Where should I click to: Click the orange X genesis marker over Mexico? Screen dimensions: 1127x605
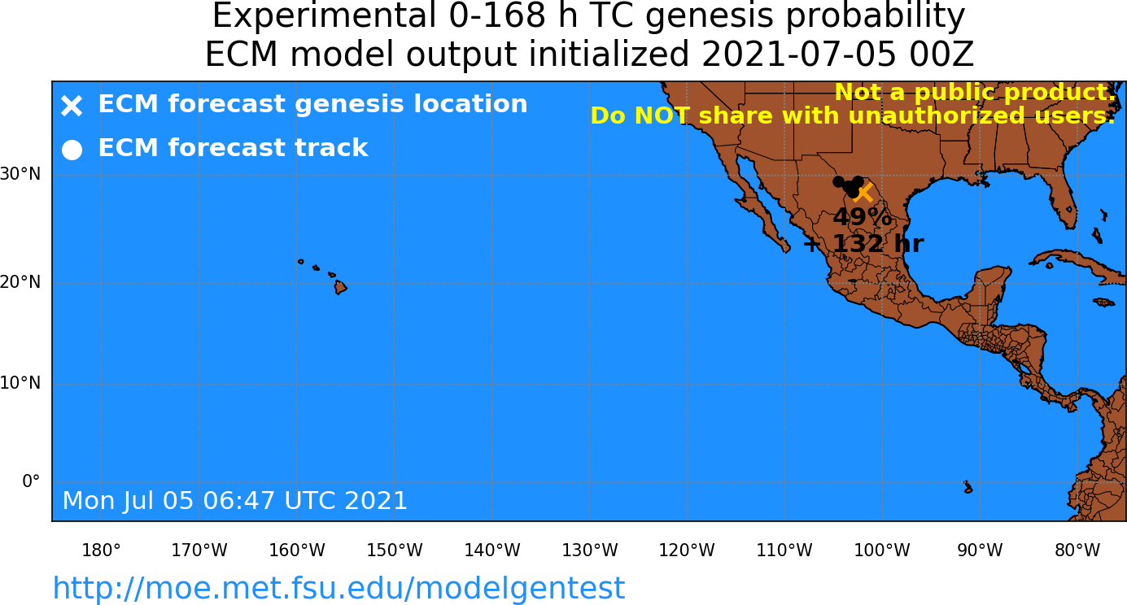864,193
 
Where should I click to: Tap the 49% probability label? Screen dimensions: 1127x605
863,217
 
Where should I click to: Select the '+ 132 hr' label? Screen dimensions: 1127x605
863,244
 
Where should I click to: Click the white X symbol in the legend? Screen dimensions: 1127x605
72,106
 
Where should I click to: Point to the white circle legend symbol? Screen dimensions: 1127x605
72,150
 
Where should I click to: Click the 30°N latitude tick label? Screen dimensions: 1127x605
20,174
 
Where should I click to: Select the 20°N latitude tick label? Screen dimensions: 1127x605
20,282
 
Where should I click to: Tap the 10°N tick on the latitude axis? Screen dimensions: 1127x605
20,383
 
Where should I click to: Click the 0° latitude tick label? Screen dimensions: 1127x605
31,481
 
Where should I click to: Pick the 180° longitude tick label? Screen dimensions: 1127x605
101,551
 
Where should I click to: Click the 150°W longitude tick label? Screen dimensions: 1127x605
395,551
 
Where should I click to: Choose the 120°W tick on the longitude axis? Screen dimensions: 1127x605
687,551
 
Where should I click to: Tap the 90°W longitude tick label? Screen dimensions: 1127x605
980,551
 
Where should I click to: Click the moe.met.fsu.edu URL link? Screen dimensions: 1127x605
339,588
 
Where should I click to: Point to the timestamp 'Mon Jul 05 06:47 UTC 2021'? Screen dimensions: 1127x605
234,501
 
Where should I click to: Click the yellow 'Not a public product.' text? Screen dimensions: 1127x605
976,92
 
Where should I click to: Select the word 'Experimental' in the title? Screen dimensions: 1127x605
324,16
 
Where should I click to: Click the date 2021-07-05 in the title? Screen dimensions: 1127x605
798,54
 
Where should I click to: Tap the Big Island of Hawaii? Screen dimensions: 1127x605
341,287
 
